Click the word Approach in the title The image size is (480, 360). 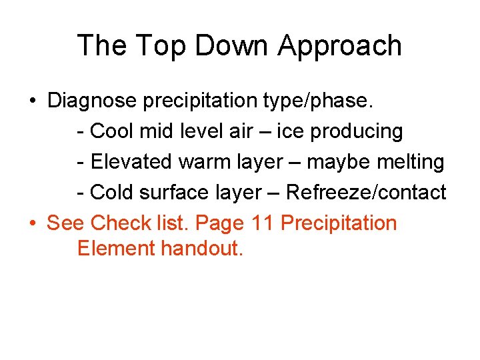340,46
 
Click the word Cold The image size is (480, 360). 112,193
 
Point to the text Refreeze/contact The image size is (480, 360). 366,193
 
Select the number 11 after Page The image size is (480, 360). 263,223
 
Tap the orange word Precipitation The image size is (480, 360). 339,223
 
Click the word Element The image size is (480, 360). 116,249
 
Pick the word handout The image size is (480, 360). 203,249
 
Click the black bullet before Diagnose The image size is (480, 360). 33,101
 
